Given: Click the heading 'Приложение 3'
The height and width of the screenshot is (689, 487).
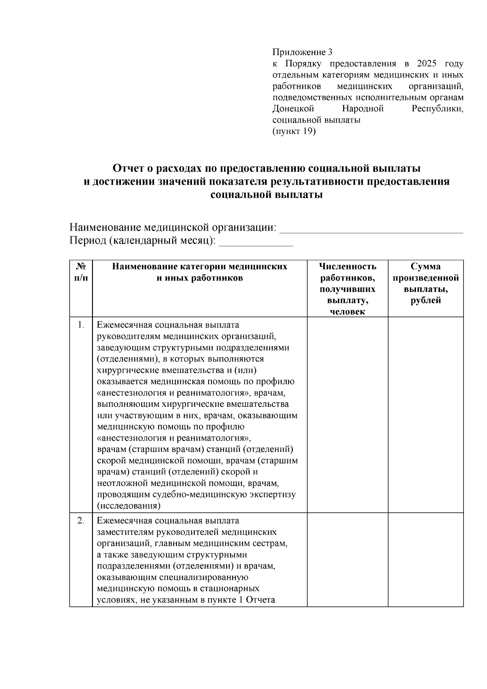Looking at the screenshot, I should pos(302,52).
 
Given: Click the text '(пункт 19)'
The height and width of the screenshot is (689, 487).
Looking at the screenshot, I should pos(294,131).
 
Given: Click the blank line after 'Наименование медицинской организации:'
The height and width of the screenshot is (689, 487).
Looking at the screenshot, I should pos(372,229).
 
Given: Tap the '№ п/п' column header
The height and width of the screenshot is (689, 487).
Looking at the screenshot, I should pos(81,272).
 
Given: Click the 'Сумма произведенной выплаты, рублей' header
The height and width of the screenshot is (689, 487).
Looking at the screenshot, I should pos(425,283).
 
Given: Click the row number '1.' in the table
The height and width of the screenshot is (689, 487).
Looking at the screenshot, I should pos(81,325).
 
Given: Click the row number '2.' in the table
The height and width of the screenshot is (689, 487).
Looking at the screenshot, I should pos(81,521).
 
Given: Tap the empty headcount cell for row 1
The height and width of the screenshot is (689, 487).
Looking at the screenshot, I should pos(347,414).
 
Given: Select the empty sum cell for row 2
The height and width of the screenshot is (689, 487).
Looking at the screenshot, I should pos(425,560).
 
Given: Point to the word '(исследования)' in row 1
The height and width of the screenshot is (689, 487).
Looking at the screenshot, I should pos(129,506).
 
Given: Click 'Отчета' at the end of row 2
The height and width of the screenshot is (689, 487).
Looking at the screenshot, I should pos(261,600).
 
